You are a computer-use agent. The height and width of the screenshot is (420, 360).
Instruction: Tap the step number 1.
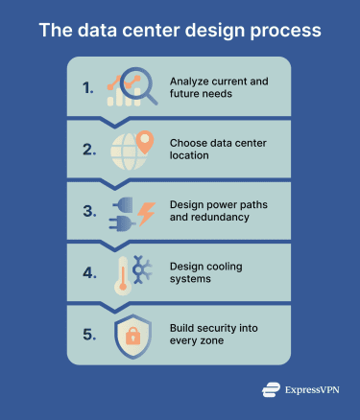coord(87,87)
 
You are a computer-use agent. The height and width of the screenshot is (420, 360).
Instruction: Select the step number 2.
coord(87,149)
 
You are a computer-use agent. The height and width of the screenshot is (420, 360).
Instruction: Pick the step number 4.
coord(87,271)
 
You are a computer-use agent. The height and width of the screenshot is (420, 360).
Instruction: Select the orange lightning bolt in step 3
coord(146,213)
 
